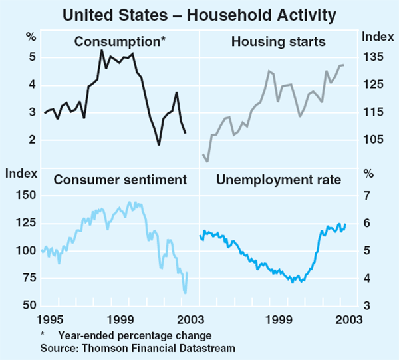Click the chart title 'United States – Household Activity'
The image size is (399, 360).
[x=199, y=13]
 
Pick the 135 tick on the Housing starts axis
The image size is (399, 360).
[x=372, y=57]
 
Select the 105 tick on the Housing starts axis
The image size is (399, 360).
[x=372, y=140]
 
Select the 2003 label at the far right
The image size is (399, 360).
[x=349, y=319]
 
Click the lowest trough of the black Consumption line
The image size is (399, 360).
[x=158, y=144]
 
